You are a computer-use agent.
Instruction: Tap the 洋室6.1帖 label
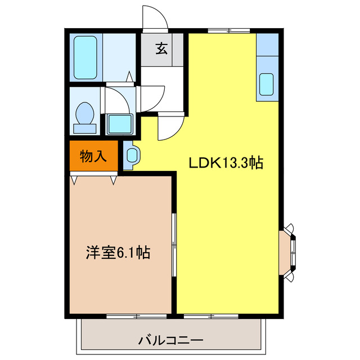pos(118,252)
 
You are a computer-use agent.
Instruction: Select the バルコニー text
pos(170,340)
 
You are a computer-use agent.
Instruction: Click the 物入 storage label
pos(93,156)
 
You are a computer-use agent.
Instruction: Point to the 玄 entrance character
pos(161,49)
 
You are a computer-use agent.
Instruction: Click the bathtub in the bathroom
pos(85,57)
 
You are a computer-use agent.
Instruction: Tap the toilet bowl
pos(85,115)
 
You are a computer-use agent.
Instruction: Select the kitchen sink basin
pos(267,85)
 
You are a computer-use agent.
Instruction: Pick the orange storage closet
pos(93,156)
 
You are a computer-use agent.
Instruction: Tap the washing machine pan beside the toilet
pos(119,122)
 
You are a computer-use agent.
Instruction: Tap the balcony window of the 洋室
pos(130,316)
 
